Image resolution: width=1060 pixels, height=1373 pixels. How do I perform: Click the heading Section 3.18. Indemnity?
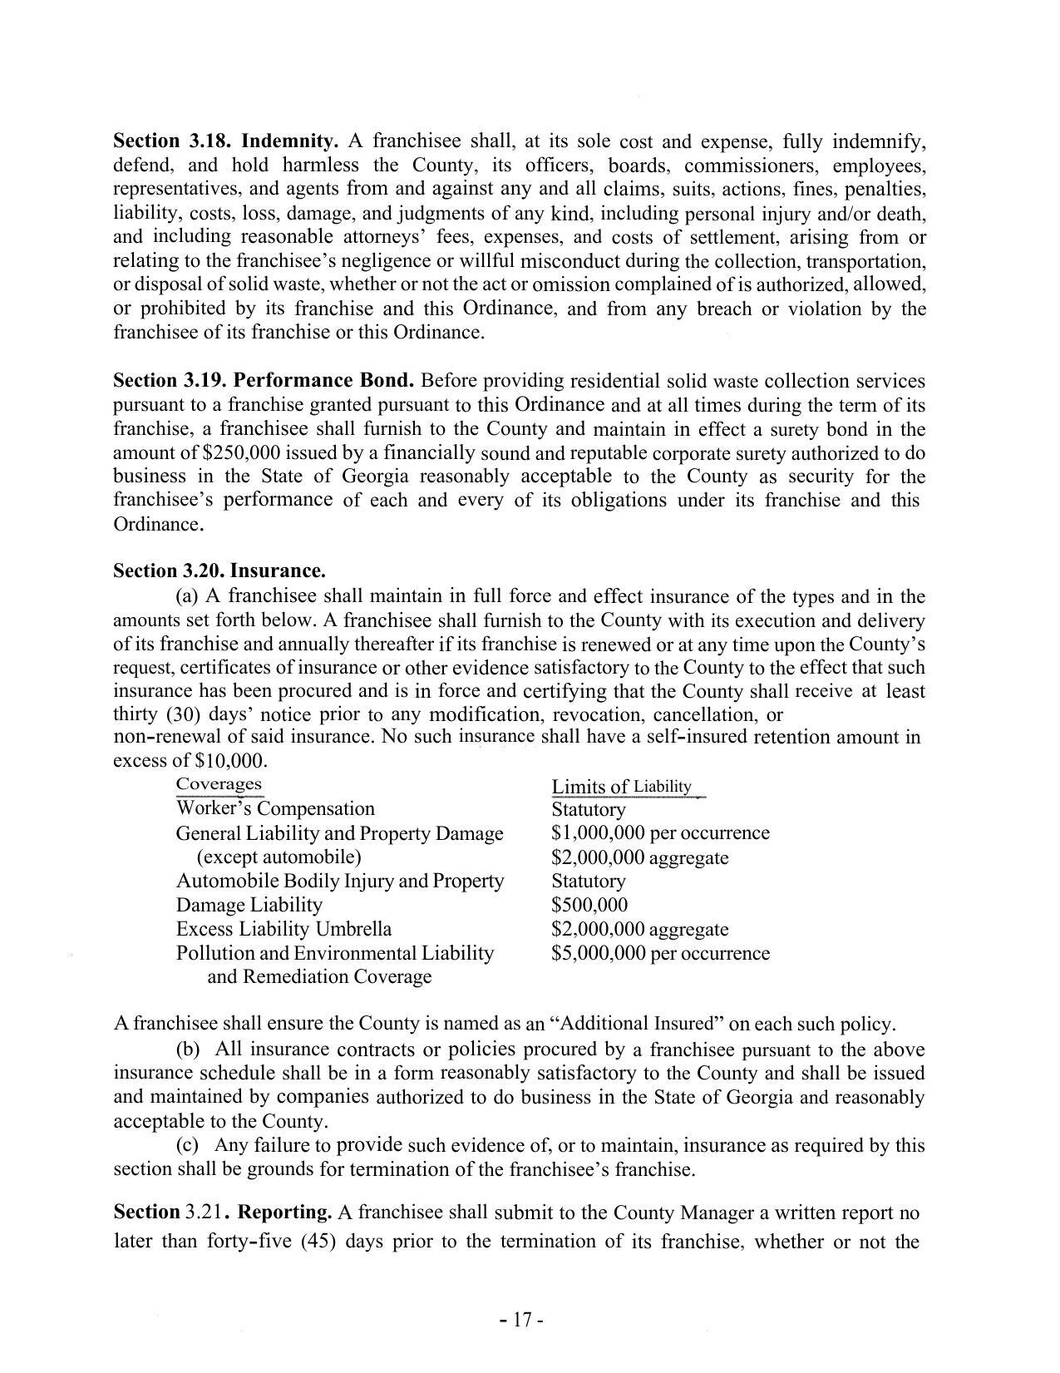click(x=225, y=141)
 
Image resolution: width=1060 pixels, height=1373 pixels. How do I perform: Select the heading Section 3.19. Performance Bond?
click(x=264, y=381)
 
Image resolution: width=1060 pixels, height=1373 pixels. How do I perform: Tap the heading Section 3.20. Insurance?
click(x=219, y=571)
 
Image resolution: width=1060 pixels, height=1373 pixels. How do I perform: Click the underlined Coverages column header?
click(x=219, y=784)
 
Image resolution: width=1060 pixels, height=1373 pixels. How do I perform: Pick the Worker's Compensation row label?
click(x=275, y=809)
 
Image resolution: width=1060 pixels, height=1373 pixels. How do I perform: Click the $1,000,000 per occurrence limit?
click(x=660, y=833)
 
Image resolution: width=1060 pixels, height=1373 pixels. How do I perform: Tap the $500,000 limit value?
click(x=589, y=906)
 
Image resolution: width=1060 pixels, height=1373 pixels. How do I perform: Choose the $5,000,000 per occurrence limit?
click(x=660, y=954)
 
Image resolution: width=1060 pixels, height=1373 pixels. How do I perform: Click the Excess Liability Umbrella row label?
click(x=283, y=930)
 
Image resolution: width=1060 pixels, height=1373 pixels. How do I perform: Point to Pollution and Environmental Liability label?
click(x=334, y=954)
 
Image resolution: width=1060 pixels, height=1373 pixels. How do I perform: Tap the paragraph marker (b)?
click(x=188, y=1050)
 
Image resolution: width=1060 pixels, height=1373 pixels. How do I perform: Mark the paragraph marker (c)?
click(x=187, y=1146)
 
